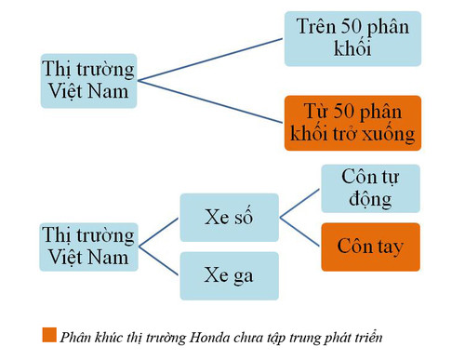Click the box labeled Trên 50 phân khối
352,38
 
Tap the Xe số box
229,218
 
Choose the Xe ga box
229,274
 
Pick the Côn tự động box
370,189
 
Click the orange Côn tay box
370,247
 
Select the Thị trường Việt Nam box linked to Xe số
88,247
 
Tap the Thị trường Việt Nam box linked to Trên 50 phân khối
88,82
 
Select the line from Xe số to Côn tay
299,233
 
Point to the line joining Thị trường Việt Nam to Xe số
158,233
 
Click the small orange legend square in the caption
48,335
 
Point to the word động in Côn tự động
370,200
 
